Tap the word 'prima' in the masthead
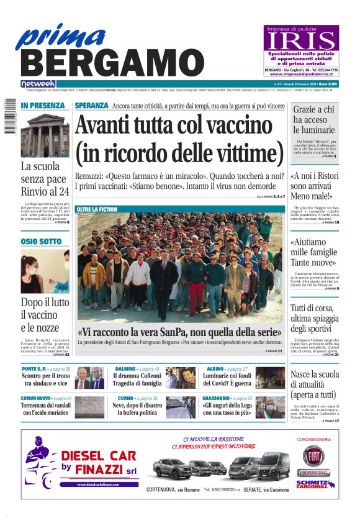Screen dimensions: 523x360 click(x=59, y=35)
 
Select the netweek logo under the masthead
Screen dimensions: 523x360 click(x=38, y=84)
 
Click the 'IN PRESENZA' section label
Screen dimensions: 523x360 click(x=42, y=106)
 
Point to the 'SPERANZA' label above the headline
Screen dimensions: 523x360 click(x=91, y=106)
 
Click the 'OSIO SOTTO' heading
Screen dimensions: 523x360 click(x=41, y=241)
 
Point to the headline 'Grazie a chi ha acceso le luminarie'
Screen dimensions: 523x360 click(x=314, y=119)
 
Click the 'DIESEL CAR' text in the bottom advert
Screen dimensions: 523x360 click(x=98, y=456)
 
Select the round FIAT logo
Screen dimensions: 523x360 click(x=313, y=455)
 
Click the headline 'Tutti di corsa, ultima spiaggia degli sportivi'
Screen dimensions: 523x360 click(x=314, y=318)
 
